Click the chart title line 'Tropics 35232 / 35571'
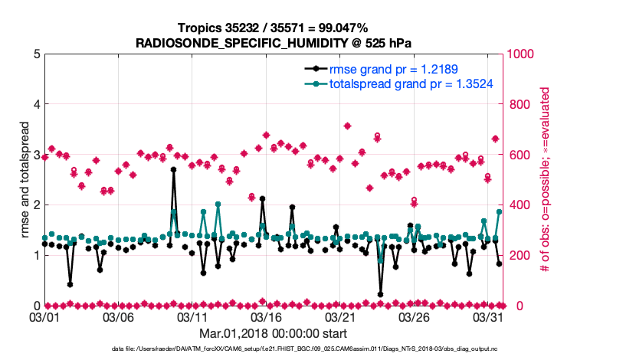[x=273, y=28]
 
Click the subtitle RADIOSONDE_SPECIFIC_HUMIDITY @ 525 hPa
[x=274, y=43]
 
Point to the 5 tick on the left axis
[x=35, y=54]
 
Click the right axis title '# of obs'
[x=546, y=180]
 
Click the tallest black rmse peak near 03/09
[x=174, y=169]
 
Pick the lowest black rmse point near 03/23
[x=381, y=294]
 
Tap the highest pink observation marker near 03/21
[x=347, y=126]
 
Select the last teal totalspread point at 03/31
[x=499, y=212]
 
